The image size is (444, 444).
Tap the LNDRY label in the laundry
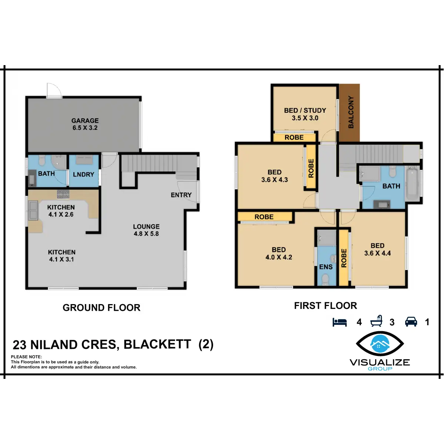(83, 174)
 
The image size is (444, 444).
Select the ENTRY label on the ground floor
(181, 195)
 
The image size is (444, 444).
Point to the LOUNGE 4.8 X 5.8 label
(146, 230)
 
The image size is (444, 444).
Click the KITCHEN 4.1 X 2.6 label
(61, 211)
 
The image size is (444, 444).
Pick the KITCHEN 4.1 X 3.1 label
(61, 256)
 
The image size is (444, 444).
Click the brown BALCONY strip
(350, 112)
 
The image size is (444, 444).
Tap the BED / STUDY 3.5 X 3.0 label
(305, 114)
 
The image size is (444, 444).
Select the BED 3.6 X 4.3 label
(275, 176)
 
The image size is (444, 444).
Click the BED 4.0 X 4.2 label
(279, 253)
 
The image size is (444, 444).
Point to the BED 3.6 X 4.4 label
(377, 249)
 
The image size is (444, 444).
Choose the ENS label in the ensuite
(326, 267)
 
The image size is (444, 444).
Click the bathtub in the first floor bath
(412, 184)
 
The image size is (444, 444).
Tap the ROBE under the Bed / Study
(294, 137)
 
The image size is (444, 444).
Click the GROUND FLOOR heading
(101, 308)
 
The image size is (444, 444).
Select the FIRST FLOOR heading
(326, 306)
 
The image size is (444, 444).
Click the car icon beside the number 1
(411, 322)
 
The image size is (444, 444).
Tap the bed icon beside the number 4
(340, 322)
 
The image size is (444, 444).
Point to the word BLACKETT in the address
(157, 344)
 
